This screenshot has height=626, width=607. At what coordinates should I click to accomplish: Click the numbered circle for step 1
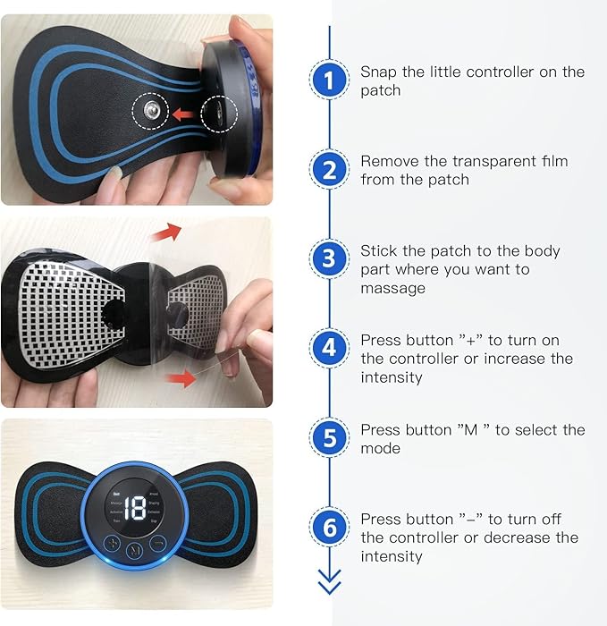click(329, 80)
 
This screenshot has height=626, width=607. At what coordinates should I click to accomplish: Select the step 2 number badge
click(329, 170)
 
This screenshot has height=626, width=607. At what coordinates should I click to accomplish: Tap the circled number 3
click(329, 260)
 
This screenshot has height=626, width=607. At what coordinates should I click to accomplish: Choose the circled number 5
click(329, 438)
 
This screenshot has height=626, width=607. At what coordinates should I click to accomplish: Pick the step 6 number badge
click(329, 528)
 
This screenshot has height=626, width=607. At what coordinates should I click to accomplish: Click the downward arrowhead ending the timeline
click(329, 585)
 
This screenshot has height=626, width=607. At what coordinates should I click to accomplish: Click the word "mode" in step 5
click(380, 449)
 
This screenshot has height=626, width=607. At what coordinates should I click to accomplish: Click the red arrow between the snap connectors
click(182, 114)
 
